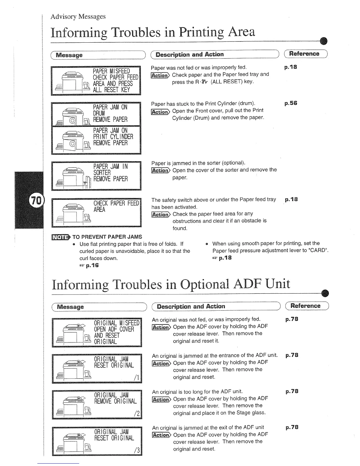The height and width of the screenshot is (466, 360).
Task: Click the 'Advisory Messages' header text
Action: [x=78, y=16]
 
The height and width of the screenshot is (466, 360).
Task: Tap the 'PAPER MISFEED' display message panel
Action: [x=96, y=81]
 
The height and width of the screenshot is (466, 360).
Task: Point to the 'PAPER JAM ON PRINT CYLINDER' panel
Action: [x=96, y=139]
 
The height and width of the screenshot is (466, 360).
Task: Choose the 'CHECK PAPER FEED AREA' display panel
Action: [x=96, y=212]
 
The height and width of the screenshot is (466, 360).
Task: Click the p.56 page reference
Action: [x=291, y=103]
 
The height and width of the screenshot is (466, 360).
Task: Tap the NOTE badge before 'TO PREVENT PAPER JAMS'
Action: [x=61, y=237]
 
